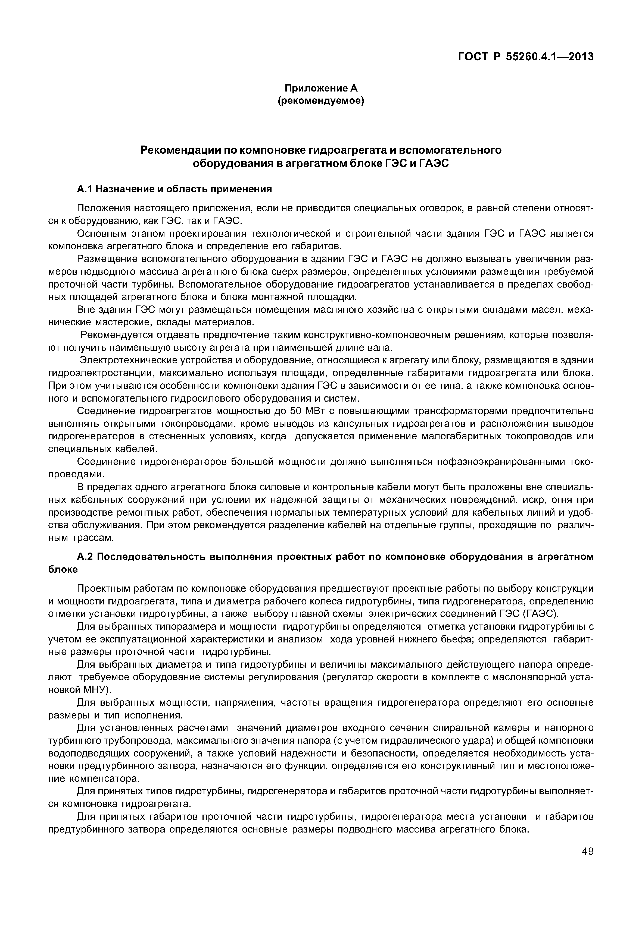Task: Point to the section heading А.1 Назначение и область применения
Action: (174, 189)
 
